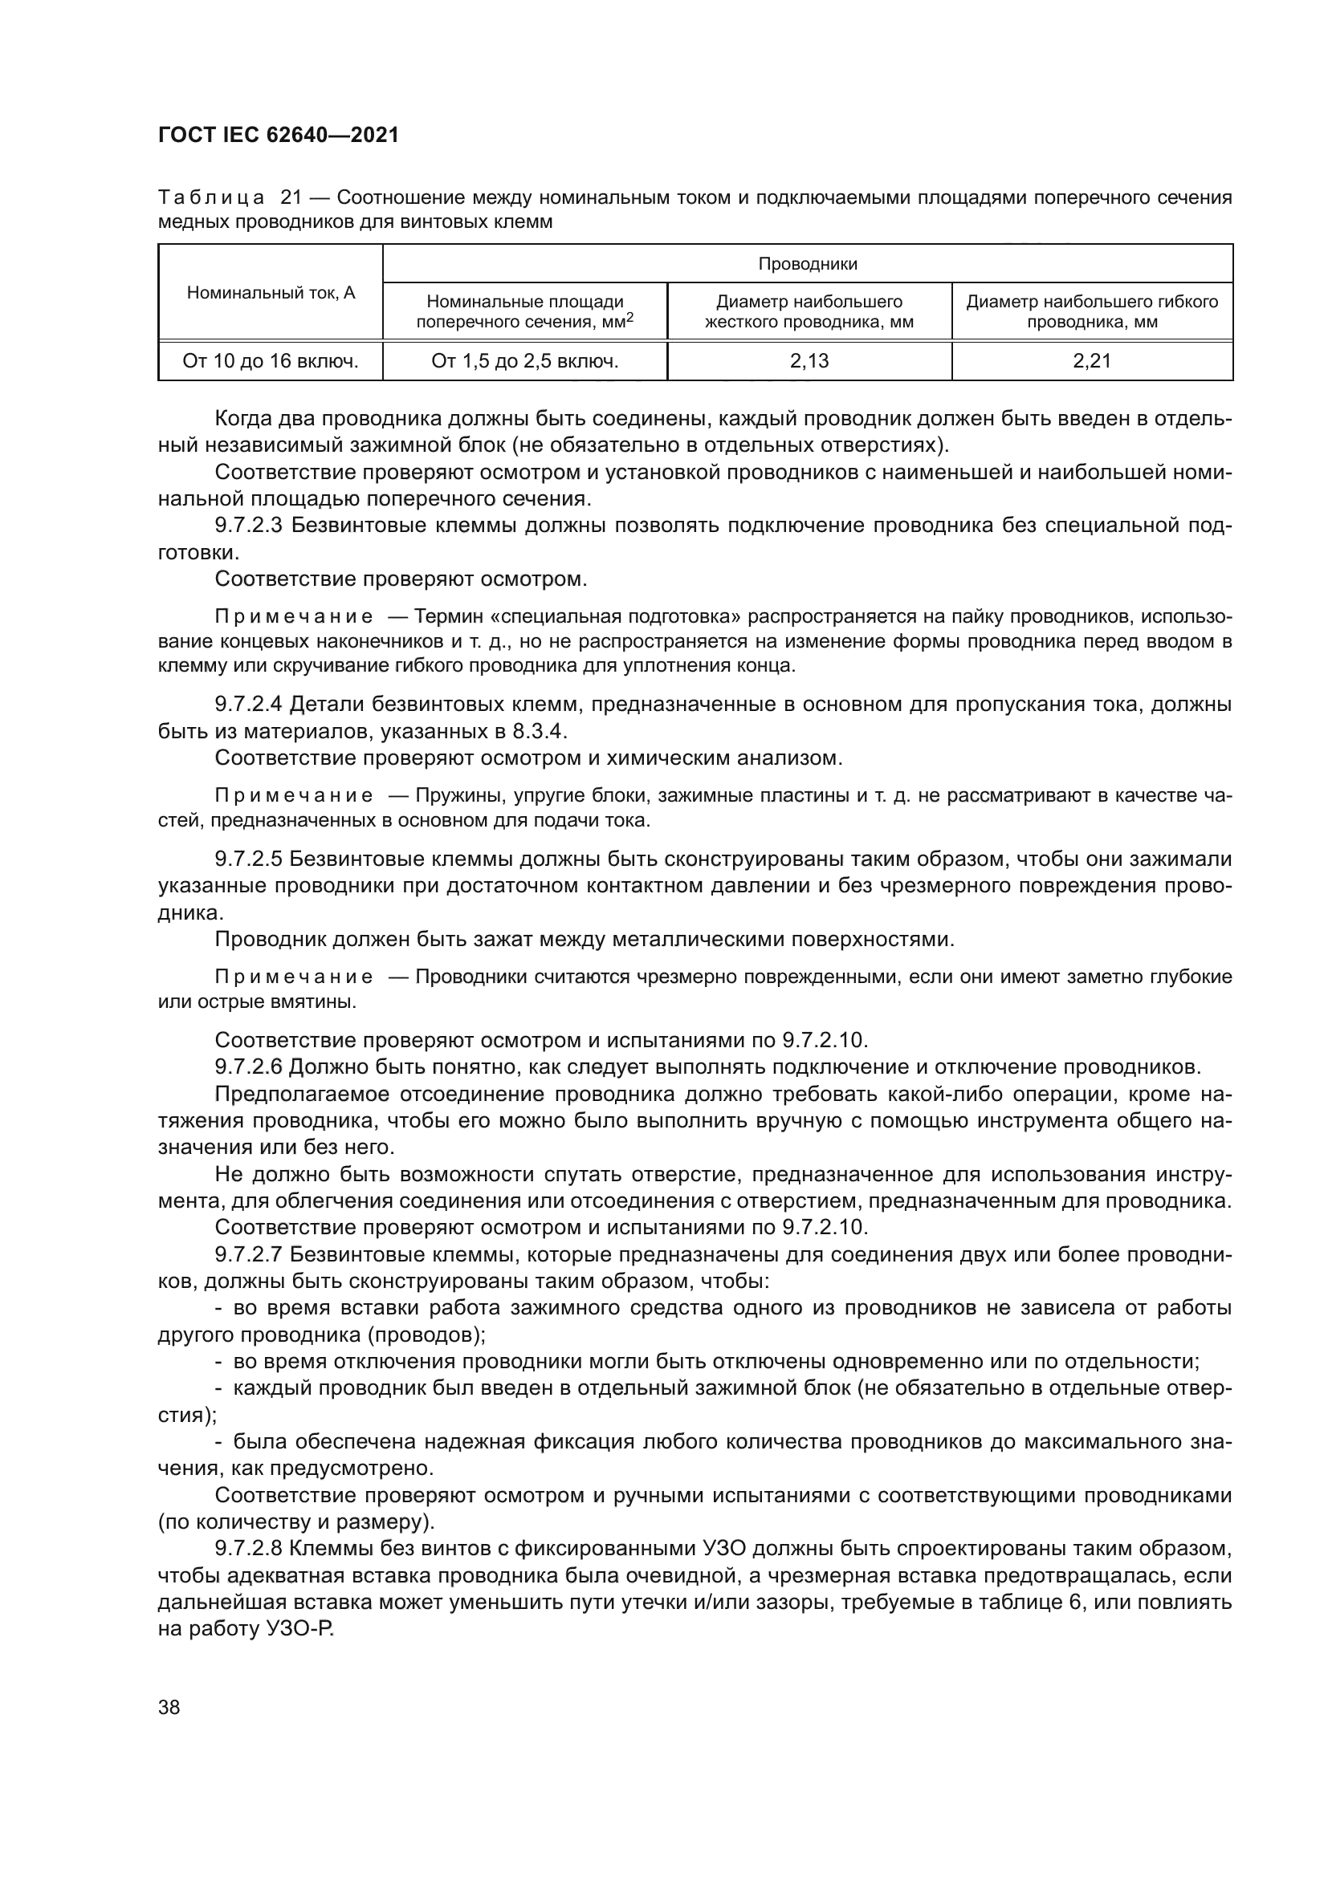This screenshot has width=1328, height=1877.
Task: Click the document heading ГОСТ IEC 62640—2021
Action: tap(278, 135)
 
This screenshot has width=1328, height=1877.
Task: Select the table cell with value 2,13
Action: tap(809, 361)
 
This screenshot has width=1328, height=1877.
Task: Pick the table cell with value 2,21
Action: tap(1092, 361)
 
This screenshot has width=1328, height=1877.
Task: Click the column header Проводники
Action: tap(807, 264)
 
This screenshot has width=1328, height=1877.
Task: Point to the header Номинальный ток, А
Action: tap(271, 293)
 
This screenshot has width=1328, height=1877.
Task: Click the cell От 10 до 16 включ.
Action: tap(271, 361)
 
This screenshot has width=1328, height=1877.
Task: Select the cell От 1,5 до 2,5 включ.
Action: tap(524, 361)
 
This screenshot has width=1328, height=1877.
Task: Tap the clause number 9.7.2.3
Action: tap(249, 526)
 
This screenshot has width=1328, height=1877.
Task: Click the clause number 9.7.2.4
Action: tap(249, 704)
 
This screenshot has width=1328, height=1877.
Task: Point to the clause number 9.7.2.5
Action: tap(249, 859)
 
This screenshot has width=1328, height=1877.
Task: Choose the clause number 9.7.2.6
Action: tap(249, 1066)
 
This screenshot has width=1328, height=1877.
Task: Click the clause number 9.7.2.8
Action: tap(249, 1549)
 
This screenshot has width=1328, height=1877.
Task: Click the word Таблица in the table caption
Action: tap(211, 198)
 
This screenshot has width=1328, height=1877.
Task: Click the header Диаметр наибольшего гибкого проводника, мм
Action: tap(1092, 311)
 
